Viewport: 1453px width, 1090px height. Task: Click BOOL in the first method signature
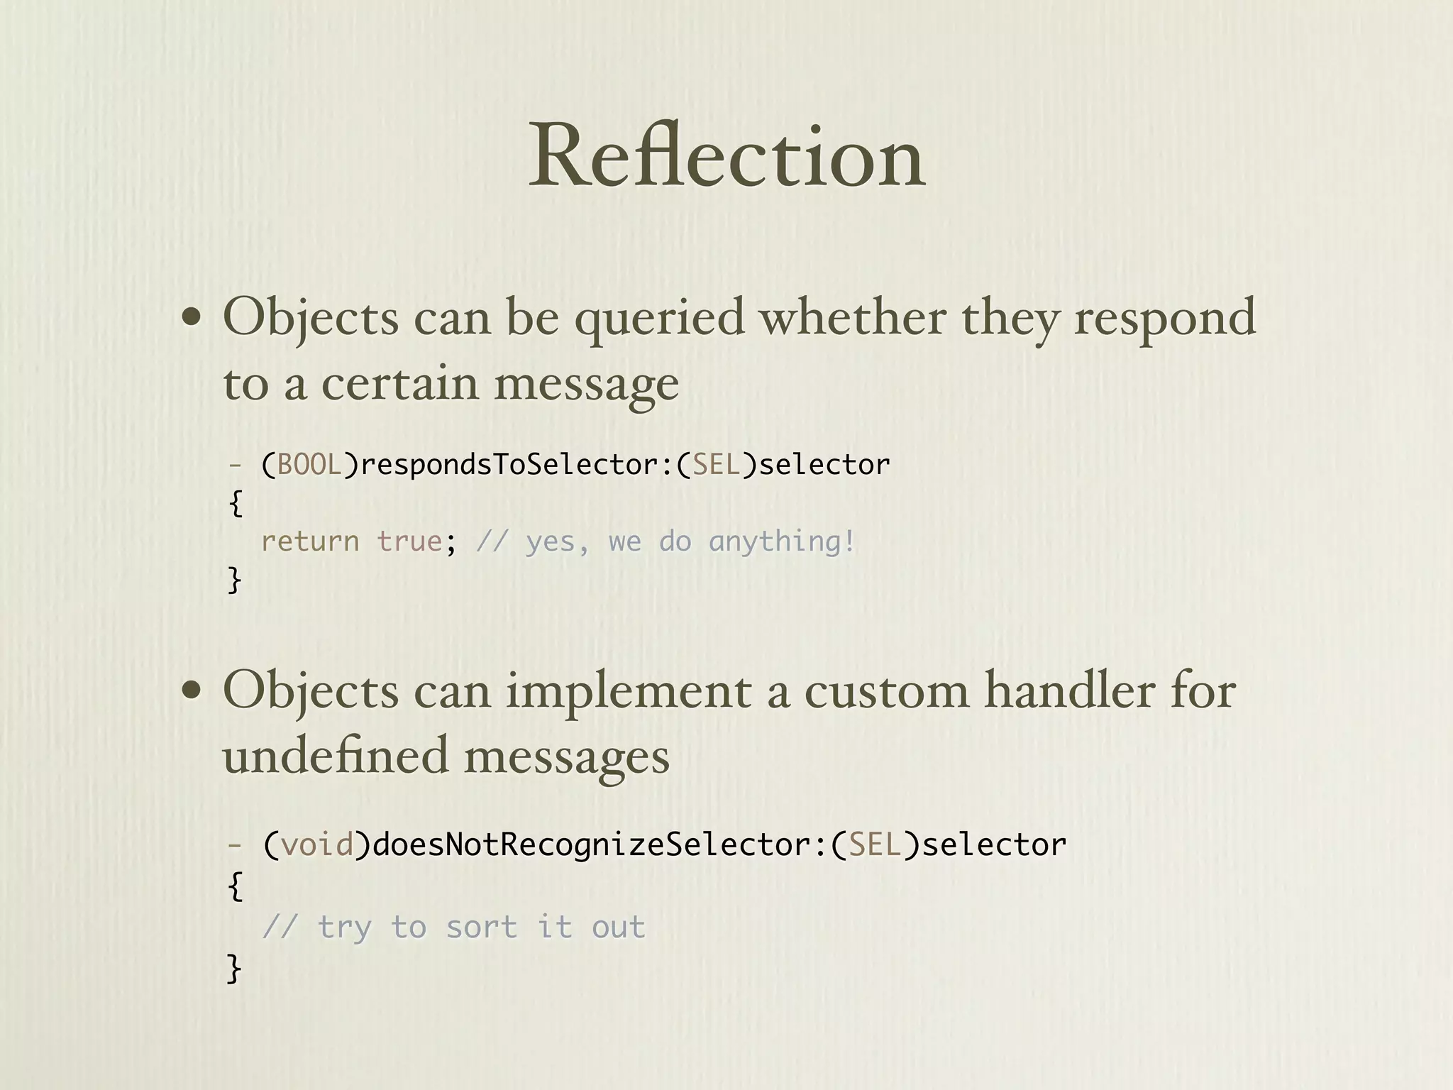(309, 465)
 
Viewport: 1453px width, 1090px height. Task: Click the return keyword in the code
(310, 541)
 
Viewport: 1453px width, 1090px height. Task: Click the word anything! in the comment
(782, 542)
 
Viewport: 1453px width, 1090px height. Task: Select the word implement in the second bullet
(628, 692)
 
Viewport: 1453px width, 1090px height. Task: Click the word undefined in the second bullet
(336, 755)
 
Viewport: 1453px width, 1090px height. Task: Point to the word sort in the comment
(482, 927)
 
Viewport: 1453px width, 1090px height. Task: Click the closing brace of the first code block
(234, 580)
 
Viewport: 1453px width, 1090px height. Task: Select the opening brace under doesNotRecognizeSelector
(236, 886)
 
